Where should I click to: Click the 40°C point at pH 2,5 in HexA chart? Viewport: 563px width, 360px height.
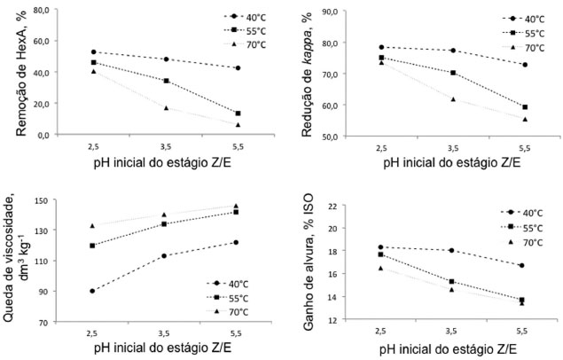(x=93, y=52)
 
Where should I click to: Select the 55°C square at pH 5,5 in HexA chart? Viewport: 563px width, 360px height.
(x=237, y=113)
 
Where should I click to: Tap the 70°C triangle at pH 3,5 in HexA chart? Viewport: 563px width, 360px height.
(x=165, y=108)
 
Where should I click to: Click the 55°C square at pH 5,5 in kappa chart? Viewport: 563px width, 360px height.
(x=524, y=107)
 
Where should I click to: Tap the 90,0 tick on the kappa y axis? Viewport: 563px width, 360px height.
(x=344, y=12)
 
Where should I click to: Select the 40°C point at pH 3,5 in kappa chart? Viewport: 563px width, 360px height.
(x=452, y=51)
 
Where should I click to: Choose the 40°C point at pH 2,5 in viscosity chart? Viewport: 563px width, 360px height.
(x=93, y=291)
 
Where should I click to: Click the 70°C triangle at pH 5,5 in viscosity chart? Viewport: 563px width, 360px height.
(x=237, y=207)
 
